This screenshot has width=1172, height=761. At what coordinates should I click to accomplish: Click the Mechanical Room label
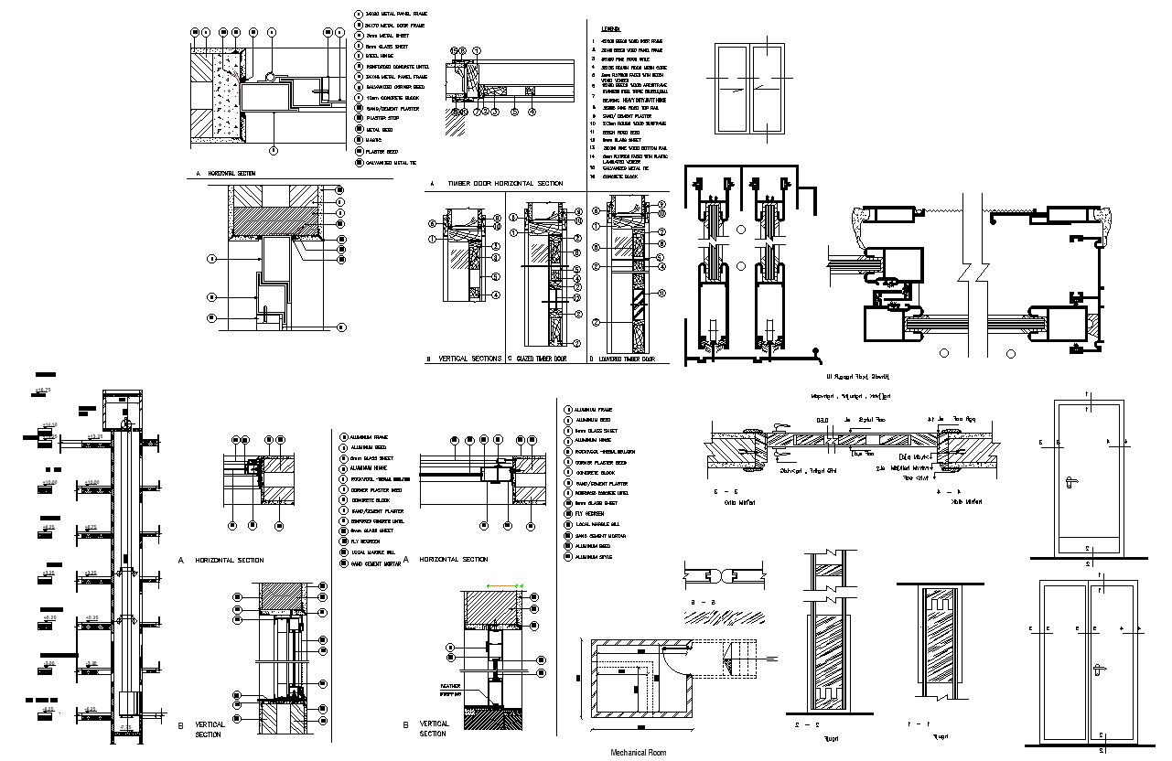coord(639,752)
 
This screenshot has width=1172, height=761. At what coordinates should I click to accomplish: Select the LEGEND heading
coord(610,29)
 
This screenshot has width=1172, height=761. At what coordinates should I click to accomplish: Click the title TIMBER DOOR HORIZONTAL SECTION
coord(504,184)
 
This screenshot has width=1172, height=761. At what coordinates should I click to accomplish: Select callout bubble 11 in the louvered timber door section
coord(661,293)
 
